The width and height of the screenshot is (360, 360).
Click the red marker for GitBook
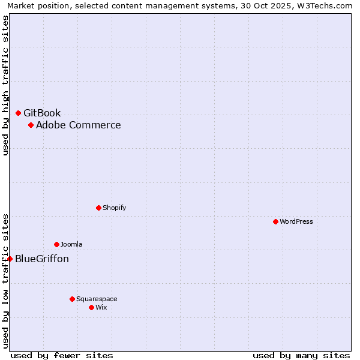tap(18, 113)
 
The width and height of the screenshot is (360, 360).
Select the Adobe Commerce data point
tap(31, 125)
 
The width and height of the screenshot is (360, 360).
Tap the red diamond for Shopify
tap(98, 208)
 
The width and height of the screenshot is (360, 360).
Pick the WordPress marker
tap(275, 221)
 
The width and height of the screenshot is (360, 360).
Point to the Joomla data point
tap(56, 244)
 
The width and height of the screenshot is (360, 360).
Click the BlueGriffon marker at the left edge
tap(10, 259)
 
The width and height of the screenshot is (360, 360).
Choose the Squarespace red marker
tap(72, 299)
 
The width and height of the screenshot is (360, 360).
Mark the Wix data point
tap(91, 307)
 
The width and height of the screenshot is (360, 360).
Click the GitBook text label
tap(42, 113)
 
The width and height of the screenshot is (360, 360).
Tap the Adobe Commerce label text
tap(78, 125)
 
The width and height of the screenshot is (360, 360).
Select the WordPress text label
tap(296, 221)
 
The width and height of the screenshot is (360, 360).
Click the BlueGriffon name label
tap(42, 259)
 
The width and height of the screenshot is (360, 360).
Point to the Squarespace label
tap(97, 299)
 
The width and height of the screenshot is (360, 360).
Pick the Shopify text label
tap(114, 208)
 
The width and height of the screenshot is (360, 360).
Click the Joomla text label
tap(71, 244)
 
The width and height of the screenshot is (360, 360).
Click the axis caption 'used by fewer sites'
tap(62, 355)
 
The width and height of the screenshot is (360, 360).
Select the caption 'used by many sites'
tap(301, 355)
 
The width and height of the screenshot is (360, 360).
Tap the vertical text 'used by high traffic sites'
tap(5, 85)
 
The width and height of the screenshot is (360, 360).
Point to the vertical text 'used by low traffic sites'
tap(5, 281)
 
